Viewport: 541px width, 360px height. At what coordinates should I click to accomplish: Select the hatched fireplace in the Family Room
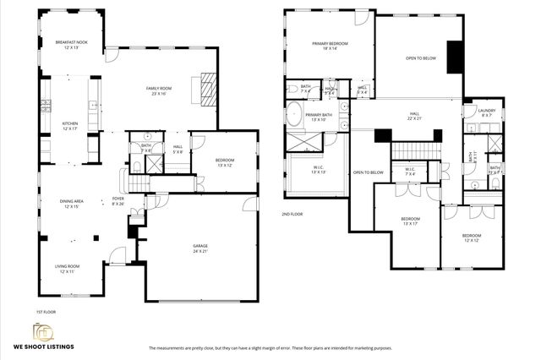point(207,87)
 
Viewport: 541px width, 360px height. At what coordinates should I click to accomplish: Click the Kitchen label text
point(69,126)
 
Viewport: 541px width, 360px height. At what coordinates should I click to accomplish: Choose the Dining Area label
point(71,203)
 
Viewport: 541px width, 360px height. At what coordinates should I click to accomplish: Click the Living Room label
point(70,268)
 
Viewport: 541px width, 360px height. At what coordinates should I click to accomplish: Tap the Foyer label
point(118,201)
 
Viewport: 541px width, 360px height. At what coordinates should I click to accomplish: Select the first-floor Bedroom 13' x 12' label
point(224,162)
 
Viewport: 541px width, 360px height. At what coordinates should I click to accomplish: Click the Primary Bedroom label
point(329,46)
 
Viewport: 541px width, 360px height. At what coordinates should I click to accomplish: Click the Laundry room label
point(485,112)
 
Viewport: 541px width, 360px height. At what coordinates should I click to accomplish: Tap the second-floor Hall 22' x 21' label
point(415,116)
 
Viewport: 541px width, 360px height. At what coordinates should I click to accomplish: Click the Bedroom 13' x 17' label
point(409,221)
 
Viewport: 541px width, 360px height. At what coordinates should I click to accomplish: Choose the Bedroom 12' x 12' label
point(471,237)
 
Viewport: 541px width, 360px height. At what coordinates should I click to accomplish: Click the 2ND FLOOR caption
point(292,215)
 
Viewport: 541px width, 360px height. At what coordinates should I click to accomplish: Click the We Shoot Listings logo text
point(43,346)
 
